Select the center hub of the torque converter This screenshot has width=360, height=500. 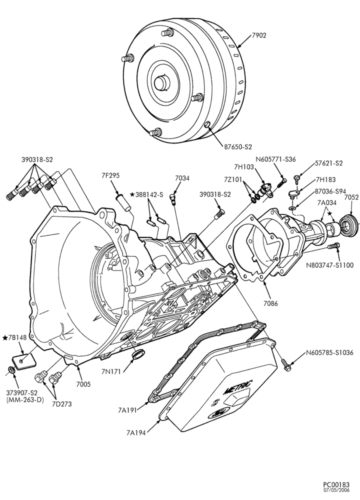(162, 82)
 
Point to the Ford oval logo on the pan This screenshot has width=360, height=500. (216, 413)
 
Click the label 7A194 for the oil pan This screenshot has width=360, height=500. (136, 432)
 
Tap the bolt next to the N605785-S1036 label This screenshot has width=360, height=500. (285, 365)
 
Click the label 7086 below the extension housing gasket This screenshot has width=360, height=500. (270, 303)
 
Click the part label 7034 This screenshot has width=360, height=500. (182, 178)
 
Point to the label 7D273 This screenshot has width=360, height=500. (62, 404)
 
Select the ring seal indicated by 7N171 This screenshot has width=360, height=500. (138, 354)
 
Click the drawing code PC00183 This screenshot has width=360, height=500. (336, 485)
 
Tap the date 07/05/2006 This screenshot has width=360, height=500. (336, 490)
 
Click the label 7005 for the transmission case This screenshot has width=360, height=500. (83, 384)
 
